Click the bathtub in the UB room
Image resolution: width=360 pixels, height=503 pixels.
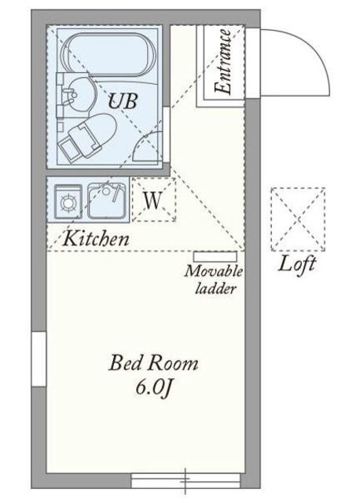click(110, 54)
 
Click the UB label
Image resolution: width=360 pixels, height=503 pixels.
click(123, 101)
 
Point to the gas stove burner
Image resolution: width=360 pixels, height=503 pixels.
click(68, 203)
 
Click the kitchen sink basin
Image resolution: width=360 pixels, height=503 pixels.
click(107, 201)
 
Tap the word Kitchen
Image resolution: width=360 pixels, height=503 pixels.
click(97, 239)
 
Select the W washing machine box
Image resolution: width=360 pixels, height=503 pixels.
click(154, 200)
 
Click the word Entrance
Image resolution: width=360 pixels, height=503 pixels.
click(222, 62)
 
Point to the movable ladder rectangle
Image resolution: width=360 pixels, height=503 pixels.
click(215, 257)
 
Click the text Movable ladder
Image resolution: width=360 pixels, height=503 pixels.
click(214, 280)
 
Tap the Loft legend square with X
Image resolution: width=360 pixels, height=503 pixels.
click(298, 219)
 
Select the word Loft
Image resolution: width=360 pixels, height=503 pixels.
click(297, 265)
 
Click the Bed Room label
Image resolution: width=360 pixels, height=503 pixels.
click(153, 363)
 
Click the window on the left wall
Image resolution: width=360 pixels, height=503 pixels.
click(39, 359)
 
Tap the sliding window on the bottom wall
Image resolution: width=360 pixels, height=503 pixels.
click(186, 480)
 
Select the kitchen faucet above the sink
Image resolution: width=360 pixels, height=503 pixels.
click(110, 191)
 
